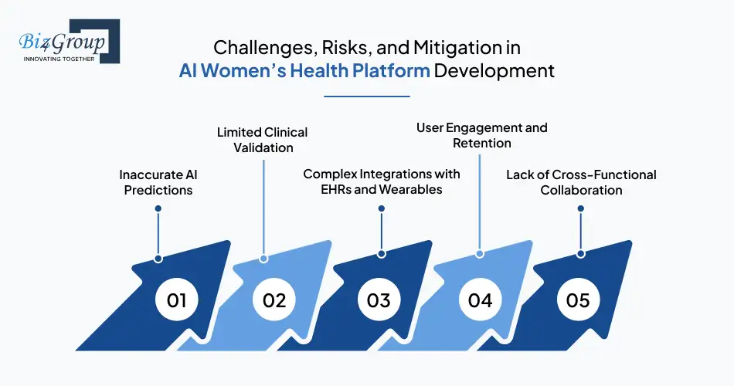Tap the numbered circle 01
pos(177,300)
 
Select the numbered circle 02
pos(274,300)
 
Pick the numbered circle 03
pos(379,300)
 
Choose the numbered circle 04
pos(480,300)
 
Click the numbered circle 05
pos(578,300)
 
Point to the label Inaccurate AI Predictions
pos(158,182)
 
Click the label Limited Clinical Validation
pos(263,140)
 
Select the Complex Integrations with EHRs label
pos(382,182)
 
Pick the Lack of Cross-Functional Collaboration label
pos(581,182)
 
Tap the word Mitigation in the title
pos(467,47)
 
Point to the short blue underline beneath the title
pos(366,96)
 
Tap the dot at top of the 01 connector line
pos(158,208)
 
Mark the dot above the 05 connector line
pos(581,208)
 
